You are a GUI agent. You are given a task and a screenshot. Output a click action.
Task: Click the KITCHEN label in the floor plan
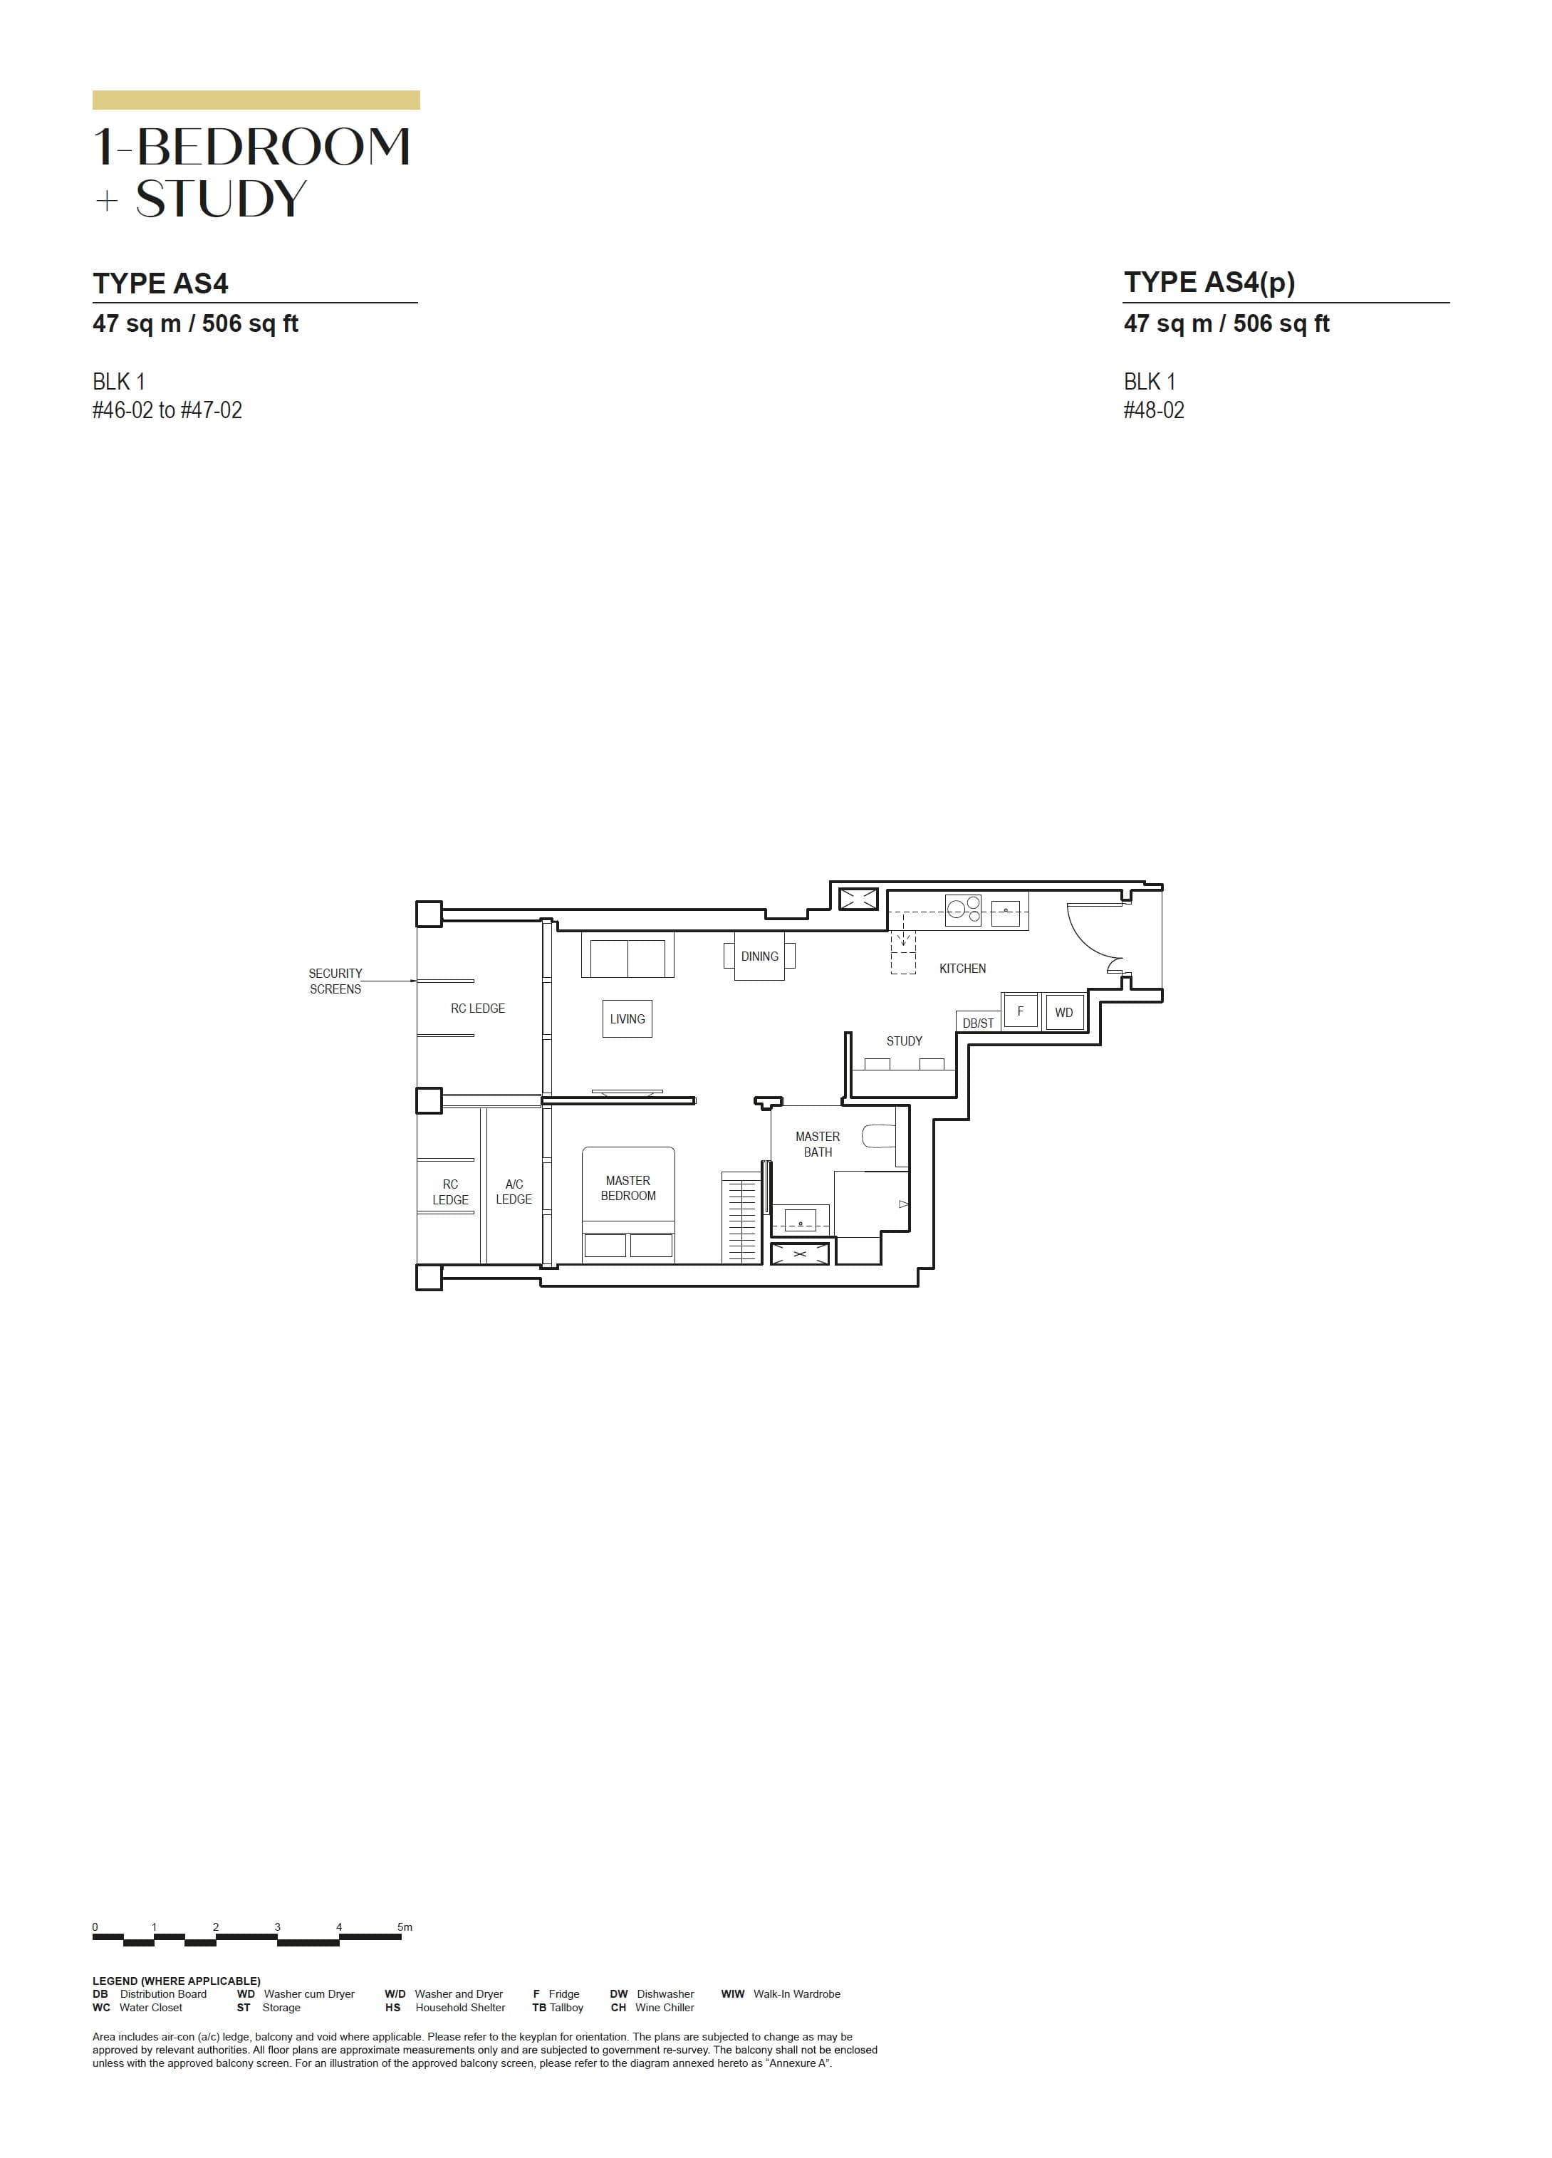point(962,969)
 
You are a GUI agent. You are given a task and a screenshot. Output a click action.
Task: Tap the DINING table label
point(759,956)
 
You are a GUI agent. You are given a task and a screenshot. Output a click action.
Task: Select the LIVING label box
point(627,1019)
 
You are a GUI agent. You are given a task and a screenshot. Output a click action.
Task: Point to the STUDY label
point(904,1041)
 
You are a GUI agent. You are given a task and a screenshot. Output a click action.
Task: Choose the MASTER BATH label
point(818,1144)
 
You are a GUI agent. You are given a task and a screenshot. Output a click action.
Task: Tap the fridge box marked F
point(1020,1011)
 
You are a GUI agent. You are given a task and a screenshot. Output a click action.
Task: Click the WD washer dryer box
point(1064,1012)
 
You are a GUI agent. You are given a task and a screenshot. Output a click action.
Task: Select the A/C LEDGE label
point(514,1192)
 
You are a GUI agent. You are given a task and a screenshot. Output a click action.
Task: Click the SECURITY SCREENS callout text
point(335,981)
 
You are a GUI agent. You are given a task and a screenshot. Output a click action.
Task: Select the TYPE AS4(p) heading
point(1209,283)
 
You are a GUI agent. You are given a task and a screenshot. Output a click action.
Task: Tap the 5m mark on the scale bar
point(405,1927)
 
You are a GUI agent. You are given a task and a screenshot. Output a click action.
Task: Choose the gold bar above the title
point(256,100)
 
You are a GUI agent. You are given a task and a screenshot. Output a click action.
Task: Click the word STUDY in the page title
point(221,199)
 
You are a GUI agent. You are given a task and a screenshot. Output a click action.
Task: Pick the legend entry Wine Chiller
point(665,2007)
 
